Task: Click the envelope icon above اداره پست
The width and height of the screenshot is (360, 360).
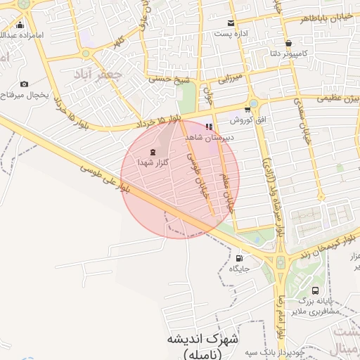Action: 231,23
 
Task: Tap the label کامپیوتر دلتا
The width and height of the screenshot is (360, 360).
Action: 288,53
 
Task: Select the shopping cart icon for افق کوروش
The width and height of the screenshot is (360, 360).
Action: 247,109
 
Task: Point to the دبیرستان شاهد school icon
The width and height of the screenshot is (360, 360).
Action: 209,127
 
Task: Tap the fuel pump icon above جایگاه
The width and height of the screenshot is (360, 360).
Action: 239,258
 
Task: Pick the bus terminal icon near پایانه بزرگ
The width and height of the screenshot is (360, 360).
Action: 314,290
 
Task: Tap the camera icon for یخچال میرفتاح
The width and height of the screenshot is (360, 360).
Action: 25,84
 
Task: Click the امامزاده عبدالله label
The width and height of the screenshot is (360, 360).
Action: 22,34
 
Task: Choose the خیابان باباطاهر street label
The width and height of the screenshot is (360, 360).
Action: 323,17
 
